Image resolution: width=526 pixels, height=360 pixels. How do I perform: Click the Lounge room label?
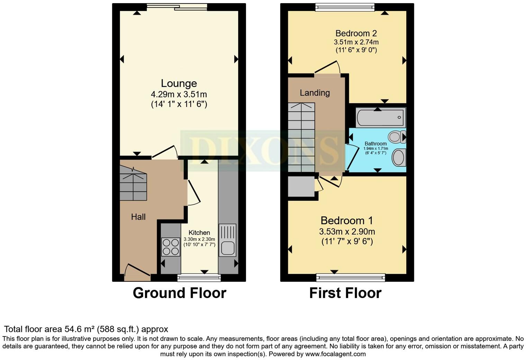click(x=179, y=83)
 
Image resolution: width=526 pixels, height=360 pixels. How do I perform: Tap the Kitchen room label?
click(x=199, y=233)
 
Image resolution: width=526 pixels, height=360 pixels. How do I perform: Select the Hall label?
click(x=138, y=217)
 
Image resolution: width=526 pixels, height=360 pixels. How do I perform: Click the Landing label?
click(x=315, y=93)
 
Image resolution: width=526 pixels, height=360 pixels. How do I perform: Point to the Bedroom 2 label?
click(x=356, y=34)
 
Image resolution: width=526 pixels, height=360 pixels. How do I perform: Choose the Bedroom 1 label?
click(x=347, y=220)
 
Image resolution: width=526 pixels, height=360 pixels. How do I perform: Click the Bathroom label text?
click(x=375, y=144)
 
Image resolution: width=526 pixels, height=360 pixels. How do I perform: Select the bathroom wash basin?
click(x=399, y=157)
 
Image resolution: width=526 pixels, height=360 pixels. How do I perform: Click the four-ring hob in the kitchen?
click(x=171, y=247)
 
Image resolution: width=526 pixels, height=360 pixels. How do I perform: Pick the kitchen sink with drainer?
click(x=227, y=240)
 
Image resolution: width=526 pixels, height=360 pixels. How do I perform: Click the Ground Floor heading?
click(x=179, y=293)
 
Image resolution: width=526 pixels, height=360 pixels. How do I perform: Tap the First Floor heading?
click(x=345, y=293)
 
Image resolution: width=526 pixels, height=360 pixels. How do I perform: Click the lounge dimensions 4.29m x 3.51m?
click(x=179, y=94)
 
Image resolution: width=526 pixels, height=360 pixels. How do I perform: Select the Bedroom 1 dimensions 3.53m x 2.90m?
click(x=347, y=232)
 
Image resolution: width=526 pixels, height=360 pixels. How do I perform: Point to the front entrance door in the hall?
click(x=137, y=273)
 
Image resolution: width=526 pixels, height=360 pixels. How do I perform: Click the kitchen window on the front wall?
click(x=199, y=277)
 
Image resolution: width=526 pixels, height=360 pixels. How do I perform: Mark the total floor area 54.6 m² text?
click(x=86, y=329)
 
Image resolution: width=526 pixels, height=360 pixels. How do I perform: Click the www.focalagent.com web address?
click(x=335, y=354)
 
